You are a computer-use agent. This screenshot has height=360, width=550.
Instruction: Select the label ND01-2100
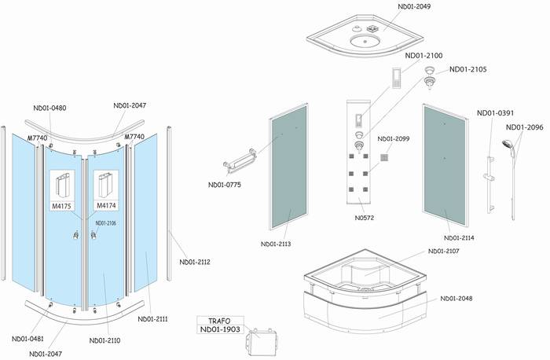coord(424,56)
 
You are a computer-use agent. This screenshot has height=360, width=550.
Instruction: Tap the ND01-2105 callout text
coord(468,69)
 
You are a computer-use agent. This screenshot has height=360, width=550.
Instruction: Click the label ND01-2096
coord(525,127)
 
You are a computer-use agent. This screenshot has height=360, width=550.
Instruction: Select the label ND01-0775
coord(225,186)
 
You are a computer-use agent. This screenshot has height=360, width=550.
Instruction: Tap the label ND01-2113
coord(274,244)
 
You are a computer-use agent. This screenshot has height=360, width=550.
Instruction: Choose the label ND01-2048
coord(459,299)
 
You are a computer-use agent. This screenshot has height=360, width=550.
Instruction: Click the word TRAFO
coord(219,321)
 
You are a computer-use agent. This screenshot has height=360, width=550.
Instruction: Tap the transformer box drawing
coord(261,342)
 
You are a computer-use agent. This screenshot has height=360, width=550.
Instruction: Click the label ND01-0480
coord(49,108)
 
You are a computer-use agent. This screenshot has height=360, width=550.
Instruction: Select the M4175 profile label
coord(63,206)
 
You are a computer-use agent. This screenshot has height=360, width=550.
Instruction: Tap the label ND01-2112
coord(194,262)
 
